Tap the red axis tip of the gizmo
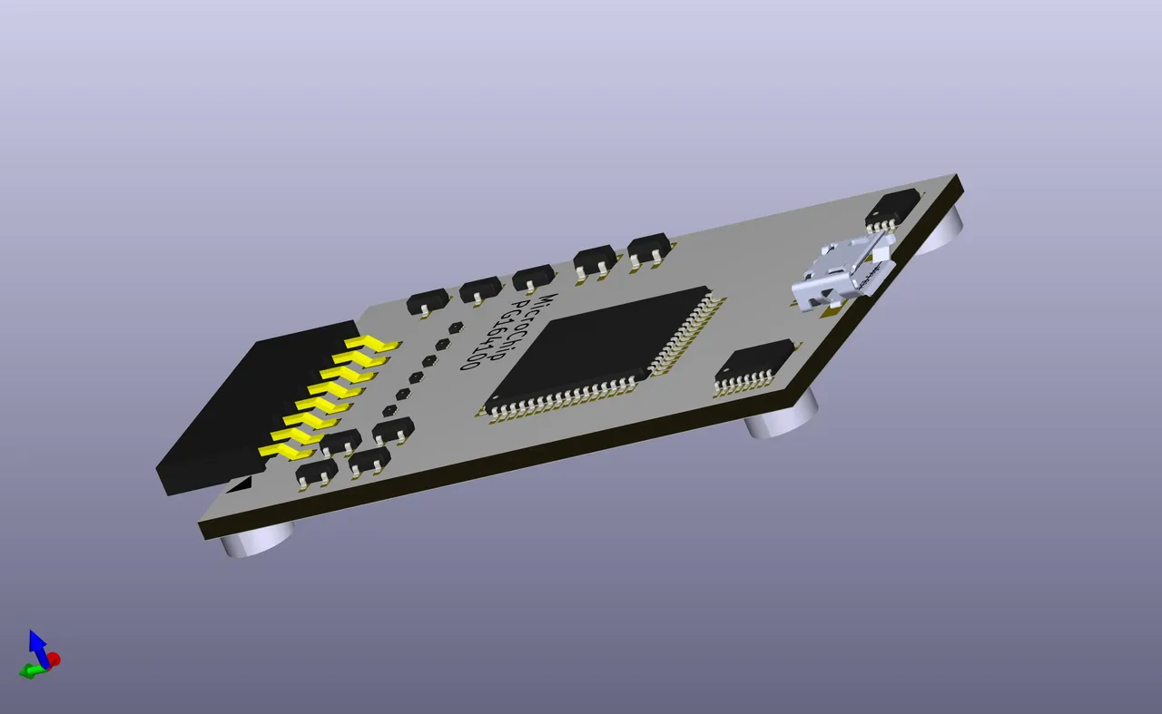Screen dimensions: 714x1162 click(54, 659)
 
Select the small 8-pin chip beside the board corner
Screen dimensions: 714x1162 click(891, 210)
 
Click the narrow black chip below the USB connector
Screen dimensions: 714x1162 click(755, 365)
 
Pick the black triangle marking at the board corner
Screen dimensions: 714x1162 click(239, 485)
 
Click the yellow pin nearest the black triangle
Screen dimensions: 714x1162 click(285, 451)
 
